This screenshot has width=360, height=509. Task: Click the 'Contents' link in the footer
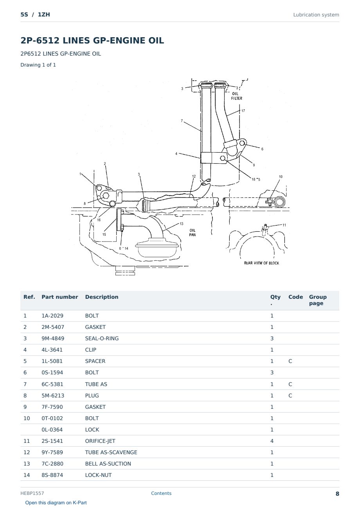[161, 493]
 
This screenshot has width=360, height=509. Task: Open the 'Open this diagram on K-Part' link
[56, 502]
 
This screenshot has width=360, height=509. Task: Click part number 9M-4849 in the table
[53, 338]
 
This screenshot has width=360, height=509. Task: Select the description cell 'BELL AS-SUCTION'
[108, 464]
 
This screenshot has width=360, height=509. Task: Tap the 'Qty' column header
[275, 300]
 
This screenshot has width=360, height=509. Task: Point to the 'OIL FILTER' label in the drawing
[236, 96]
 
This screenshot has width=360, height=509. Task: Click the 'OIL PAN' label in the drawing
[193, 233]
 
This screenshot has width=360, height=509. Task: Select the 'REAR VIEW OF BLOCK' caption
[261, 263]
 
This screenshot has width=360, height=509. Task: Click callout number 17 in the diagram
[243, 111]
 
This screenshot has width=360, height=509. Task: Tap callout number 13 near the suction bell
[181, 224]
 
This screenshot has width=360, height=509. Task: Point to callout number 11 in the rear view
[284, 225]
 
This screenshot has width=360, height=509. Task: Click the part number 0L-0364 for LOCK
[52, 430]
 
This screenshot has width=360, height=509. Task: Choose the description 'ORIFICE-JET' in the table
[100, 441]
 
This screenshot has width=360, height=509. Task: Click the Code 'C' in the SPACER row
[290, 361]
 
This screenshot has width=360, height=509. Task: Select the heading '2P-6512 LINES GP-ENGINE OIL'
[92, 40]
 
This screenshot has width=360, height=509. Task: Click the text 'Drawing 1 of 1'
[38, 65]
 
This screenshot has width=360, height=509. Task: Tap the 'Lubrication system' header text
[316, 15]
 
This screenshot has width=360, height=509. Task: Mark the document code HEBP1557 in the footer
[32, 493]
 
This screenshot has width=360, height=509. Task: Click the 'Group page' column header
[317, 300]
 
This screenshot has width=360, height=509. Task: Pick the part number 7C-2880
[52, 464]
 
